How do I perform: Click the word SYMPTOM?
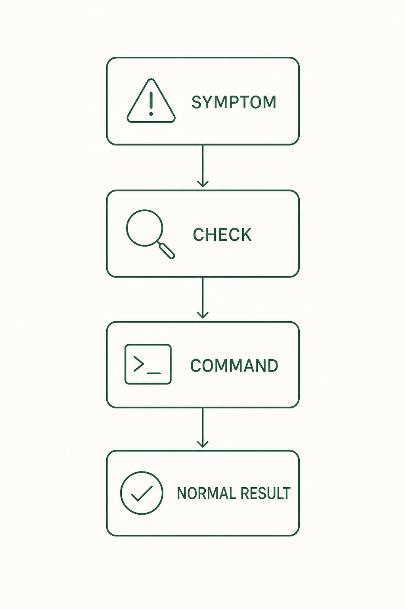[234, 102]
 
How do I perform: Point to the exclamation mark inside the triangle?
[151, 103]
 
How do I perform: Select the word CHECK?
[222, 235]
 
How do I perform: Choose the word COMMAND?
[234, 366]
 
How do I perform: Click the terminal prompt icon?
[125, 364]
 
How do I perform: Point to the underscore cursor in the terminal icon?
[154, 373]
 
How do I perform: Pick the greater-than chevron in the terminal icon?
[138, 364]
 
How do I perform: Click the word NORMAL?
[205, 493]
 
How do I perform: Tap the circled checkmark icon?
[121, 493]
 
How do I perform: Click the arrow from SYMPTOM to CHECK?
[203, 166]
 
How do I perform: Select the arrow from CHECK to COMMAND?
[203, 298]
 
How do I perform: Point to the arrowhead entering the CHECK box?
[203, 184]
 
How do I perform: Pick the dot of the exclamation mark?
[151, 114]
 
